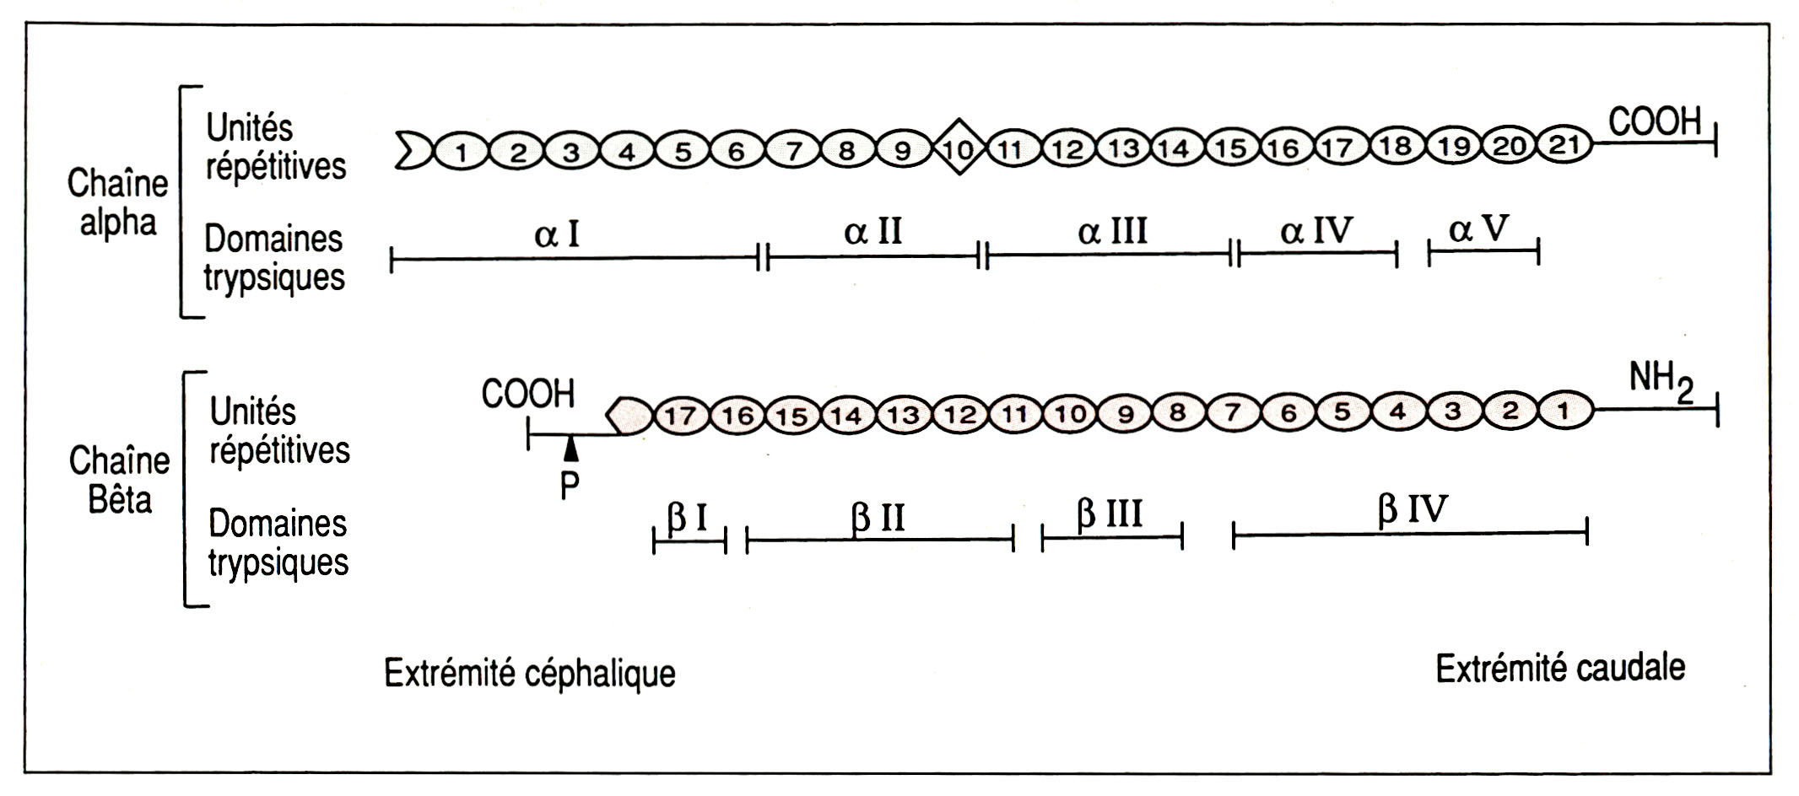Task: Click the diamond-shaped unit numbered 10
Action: (958, 148)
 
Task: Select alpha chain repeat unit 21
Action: (1564, 146)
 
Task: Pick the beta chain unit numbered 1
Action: (1563, 411)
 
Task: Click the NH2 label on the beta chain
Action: (1661, 382)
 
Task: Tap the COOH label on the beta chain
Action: (528, 394)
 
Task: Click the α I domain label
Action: (558, 234)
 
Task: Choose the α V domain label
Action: (1478, 229)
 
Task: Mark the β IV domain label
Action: (1413, 510)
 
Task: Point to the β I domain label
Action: (688, 518)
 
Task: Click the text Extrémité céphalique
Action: (530, 673)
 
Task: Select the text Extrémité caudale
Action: (1560, 669)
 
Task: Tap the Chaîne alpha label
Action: (118, 203)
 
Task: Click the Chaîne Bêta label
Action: (119, 480)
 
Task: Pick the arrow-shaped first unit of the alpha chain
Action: (413, 150)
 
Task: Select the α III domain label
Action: (1112, 231)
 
